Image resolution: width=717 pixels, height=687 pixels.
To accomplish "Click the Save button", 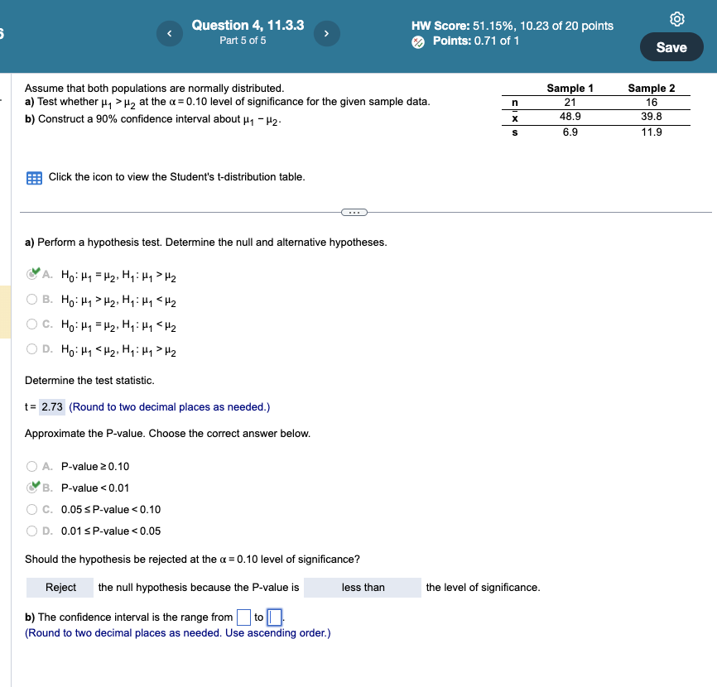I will (671, 47).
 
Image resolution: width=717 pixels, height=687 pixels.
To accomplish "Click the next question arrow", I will (326, 34).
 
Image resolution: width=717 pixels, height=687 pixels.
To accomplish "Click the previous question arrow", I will (169, 34).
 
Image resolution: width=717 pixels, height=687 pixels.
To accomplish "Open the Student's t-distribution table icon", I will (34, 177).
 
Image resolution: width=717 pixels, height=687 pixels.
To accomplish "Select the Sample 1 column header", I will (570, 88).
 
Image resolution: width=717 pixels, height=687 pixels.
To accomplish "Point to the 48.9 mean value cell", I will (570, 117).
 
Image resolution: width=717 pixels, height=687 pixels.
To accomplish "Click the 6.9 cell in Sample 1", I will (570, 132).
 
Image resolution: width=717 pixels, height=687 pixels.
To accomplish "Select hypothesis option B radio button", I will (33, 300).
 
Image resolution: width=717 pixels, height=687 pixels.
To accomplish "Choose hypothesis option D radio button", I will (33, 349).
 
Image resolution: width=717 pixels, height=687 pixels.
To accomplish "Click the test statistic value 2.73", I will (52, 407).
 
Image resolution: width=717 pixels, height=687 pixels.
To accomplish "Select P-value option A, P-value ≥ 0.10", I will (33, 466).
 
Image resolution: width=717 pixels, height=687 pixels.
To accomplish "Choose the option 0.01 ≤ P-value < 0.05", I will (33, 531).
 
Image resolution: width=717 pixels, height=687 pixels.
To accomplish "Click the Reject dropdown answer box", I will (60, 588).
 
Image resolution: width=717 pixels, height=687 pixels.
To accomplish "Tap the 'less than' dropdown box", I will (363, 588).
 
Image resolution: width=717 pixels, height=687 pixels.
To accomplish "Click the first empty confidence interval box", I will (243, 617).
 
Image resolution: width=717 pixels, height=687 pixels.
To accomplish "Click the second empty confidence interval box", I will (275, 617).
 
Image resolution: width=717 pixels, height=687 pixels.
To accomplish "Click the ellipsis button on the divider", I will (354, 213).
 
